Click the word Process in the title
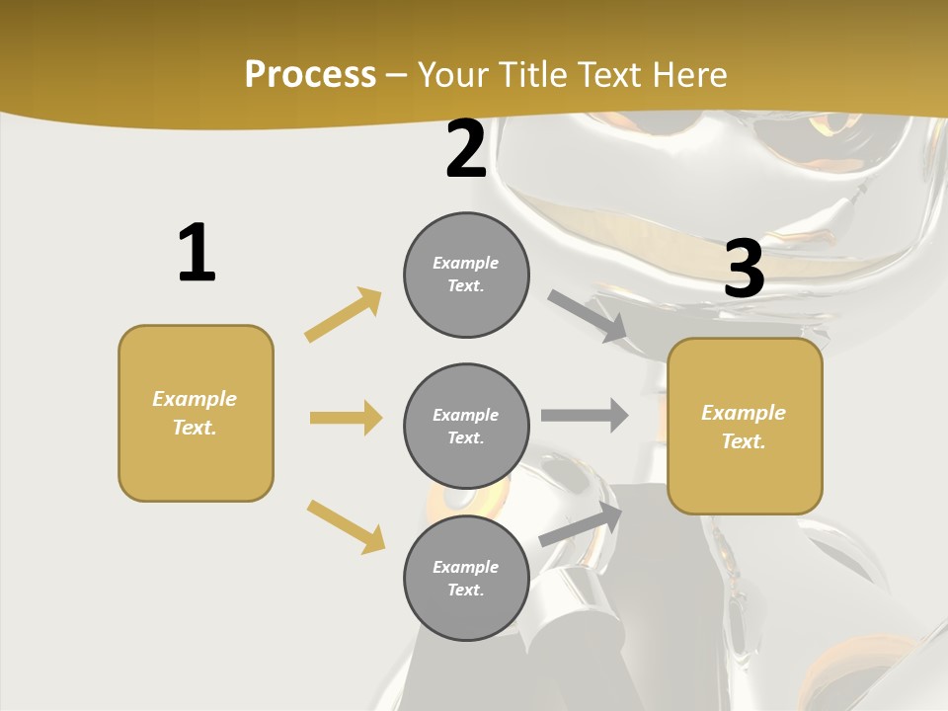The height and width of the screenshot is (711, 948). click(310, 75)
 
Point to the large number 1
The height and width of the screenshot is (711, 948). click(197, 253)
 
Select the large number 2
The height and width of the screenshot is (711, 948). click(466, 150)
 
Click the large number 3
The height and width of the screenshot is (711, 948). click(744, 270)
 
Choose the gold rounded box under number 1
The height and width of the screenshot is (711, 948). click(196, 413)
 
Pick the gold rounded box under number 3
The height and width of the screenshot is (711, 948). click(745, 427)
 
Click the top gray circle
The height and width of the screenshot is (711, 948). click(466, 275)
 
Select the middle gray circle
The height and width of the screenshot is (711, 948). click(466, 427)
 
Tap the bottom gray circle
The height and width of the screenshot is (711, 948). click(466, 579)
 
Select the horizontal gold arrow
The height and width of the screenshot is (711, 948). click(346, 418)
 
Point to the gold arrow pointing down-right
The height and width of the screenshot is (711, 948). click(346, 526)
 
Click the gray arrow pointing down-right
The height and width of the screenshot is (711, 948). click(588, 316)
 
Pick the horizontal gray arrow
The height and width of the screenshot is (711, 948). click(585, 415)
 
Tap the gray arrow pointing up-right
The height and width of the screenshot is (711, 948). click(582, 523)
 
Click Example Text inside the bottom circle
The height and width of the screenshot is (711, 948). click(466, 579)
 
